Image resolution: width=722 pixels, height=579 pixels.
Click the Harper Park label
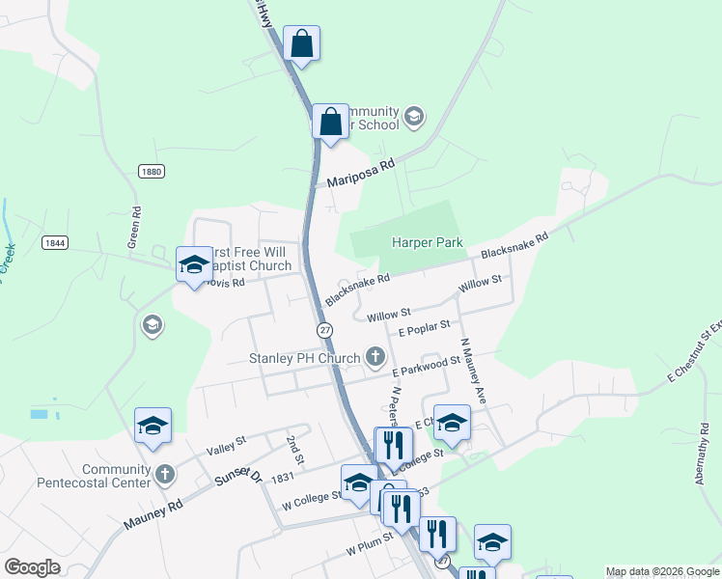[x=427, y=243]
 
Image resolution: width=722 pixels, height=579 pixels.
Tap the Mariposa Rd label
[x=361, y=174]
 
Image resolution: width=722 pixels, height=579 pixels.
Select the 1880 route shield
[x=150, y=171]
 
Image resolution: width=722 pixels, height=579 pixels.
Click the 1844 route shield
[x=55, y=243]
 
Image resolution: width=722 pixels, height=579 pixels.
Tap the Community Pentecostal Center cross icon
[x=165, y=475]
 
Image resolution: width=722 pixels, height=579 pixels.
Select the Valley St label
[x=226, y=445]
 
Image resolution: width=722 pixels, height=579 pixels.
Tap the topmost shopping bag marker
[x=302, y=44]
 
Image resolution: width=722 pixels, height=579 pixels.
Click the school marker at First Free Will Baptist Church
[x=193, y=264]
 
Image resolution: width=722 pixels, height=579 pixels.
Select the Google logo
[x=32, y=568]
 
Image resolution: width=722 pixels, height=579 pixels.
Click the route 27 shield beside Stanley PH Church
[x=325, y=330]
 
